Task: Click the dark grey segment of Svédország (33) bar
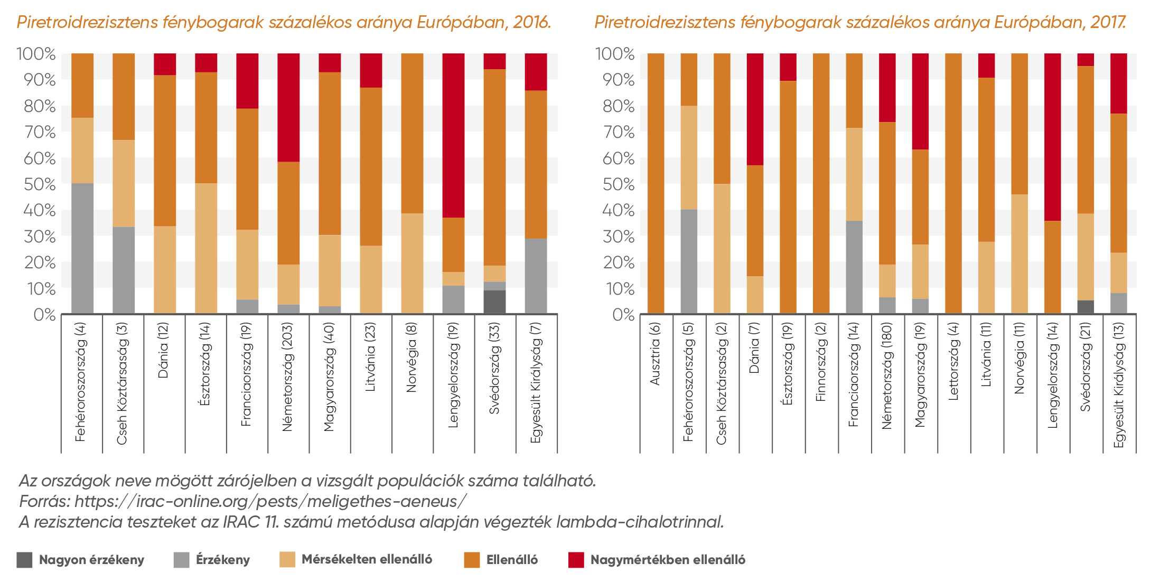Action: click(x=494, y=302)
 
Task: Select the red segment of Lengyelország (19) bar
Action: click(x=453, y=135)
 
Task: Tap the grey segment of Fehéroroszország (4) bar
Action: click(x=82, y=248)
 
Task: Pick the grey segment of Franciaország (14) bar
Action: click(x=854, y=267)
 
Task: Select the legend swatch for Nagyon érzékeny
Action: click(x=24, y=560)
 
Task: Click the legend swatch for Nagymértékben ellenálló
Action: click(x=576, y=560)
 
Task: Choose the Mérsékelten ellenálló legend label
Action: click(x=367, y=559)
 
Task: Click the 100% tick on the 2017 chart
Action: click(x=615, y=54)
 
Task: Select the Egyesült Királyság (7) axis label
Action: click(x=536, y=382)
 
